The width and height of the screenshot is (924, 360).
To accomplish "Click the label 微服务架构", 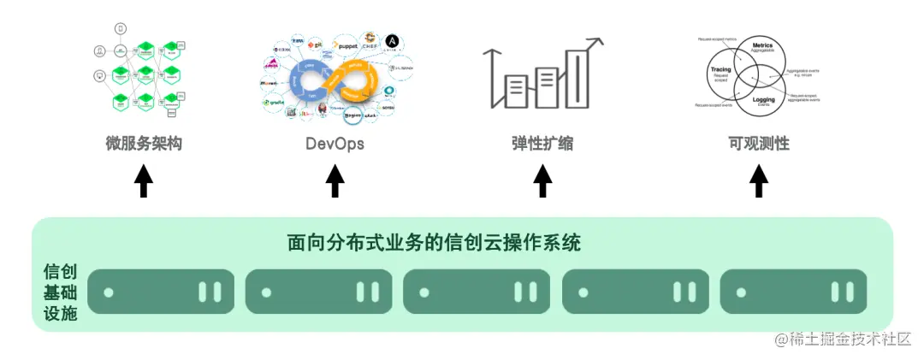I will tap(144, 144).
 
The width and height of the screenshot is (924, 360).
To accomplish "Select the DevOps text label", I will tap(335, 144).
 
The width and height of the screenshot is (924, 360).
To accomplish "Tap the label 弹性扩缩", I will tap(542, 144).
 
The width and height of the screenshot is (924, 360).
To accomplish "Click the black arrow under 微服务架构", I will tap(144, 180).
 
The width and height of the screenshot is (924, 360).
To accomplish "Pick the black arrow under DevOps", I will tap(335, 180).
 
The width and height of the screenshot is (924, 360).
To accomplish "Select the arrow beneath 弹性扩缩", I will tap(542, 180).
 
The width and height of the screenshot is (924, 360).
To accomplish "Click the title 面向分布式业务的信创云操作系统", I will tap(435, 243).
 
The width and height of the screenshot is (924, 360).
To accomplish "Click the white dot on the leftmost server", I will tap(109, 292).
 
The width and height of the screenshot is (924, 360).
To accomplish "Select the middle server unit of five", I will tap(477, 292).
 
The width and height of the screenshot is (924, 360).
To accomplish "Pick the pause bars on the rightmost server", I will tap(843, 292).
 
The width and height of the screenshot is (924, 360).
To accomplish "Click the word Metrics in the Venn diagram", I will tap(761, 45).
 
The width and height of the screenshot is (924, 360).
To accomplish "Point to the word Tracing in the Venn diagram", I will tap(720, 72).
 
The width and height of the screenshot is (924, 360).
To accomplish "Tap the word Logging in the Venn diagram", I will tap(763, 100).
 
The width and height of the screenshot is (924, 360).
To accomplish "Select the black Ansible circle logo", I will tap(392, 41).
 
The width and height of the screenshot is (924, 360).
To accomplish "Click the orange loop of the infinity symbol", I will tap(358, 82).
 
